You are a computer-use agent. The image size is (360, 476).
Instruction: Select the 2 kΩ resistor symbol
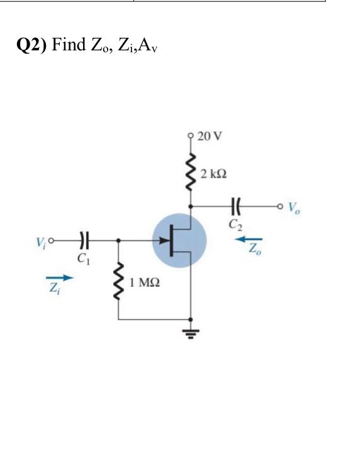pyautogui.click(x=189, y=170)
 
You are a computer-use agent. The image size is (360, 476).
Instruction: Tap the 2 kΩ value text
pyautogui.click(x=213, y=172)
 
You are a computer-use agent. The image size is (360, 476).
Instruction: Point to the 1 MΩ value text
pyautogui.click(x=143, y=283)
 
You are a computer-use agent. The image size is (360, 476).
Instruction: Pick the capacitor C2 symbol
pyautogui.click(x=236, y=205)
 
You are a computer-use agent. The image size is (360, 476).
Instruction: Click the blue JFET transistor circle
pyautogui.click(x=179, y=241)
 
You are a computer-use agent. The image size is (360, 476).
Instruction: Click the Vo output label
pyautogui.click(x=294, y=207)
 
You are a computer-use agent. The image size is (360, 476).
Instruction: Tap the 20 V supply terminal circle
pyautogui.click(x=189, y=135)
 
